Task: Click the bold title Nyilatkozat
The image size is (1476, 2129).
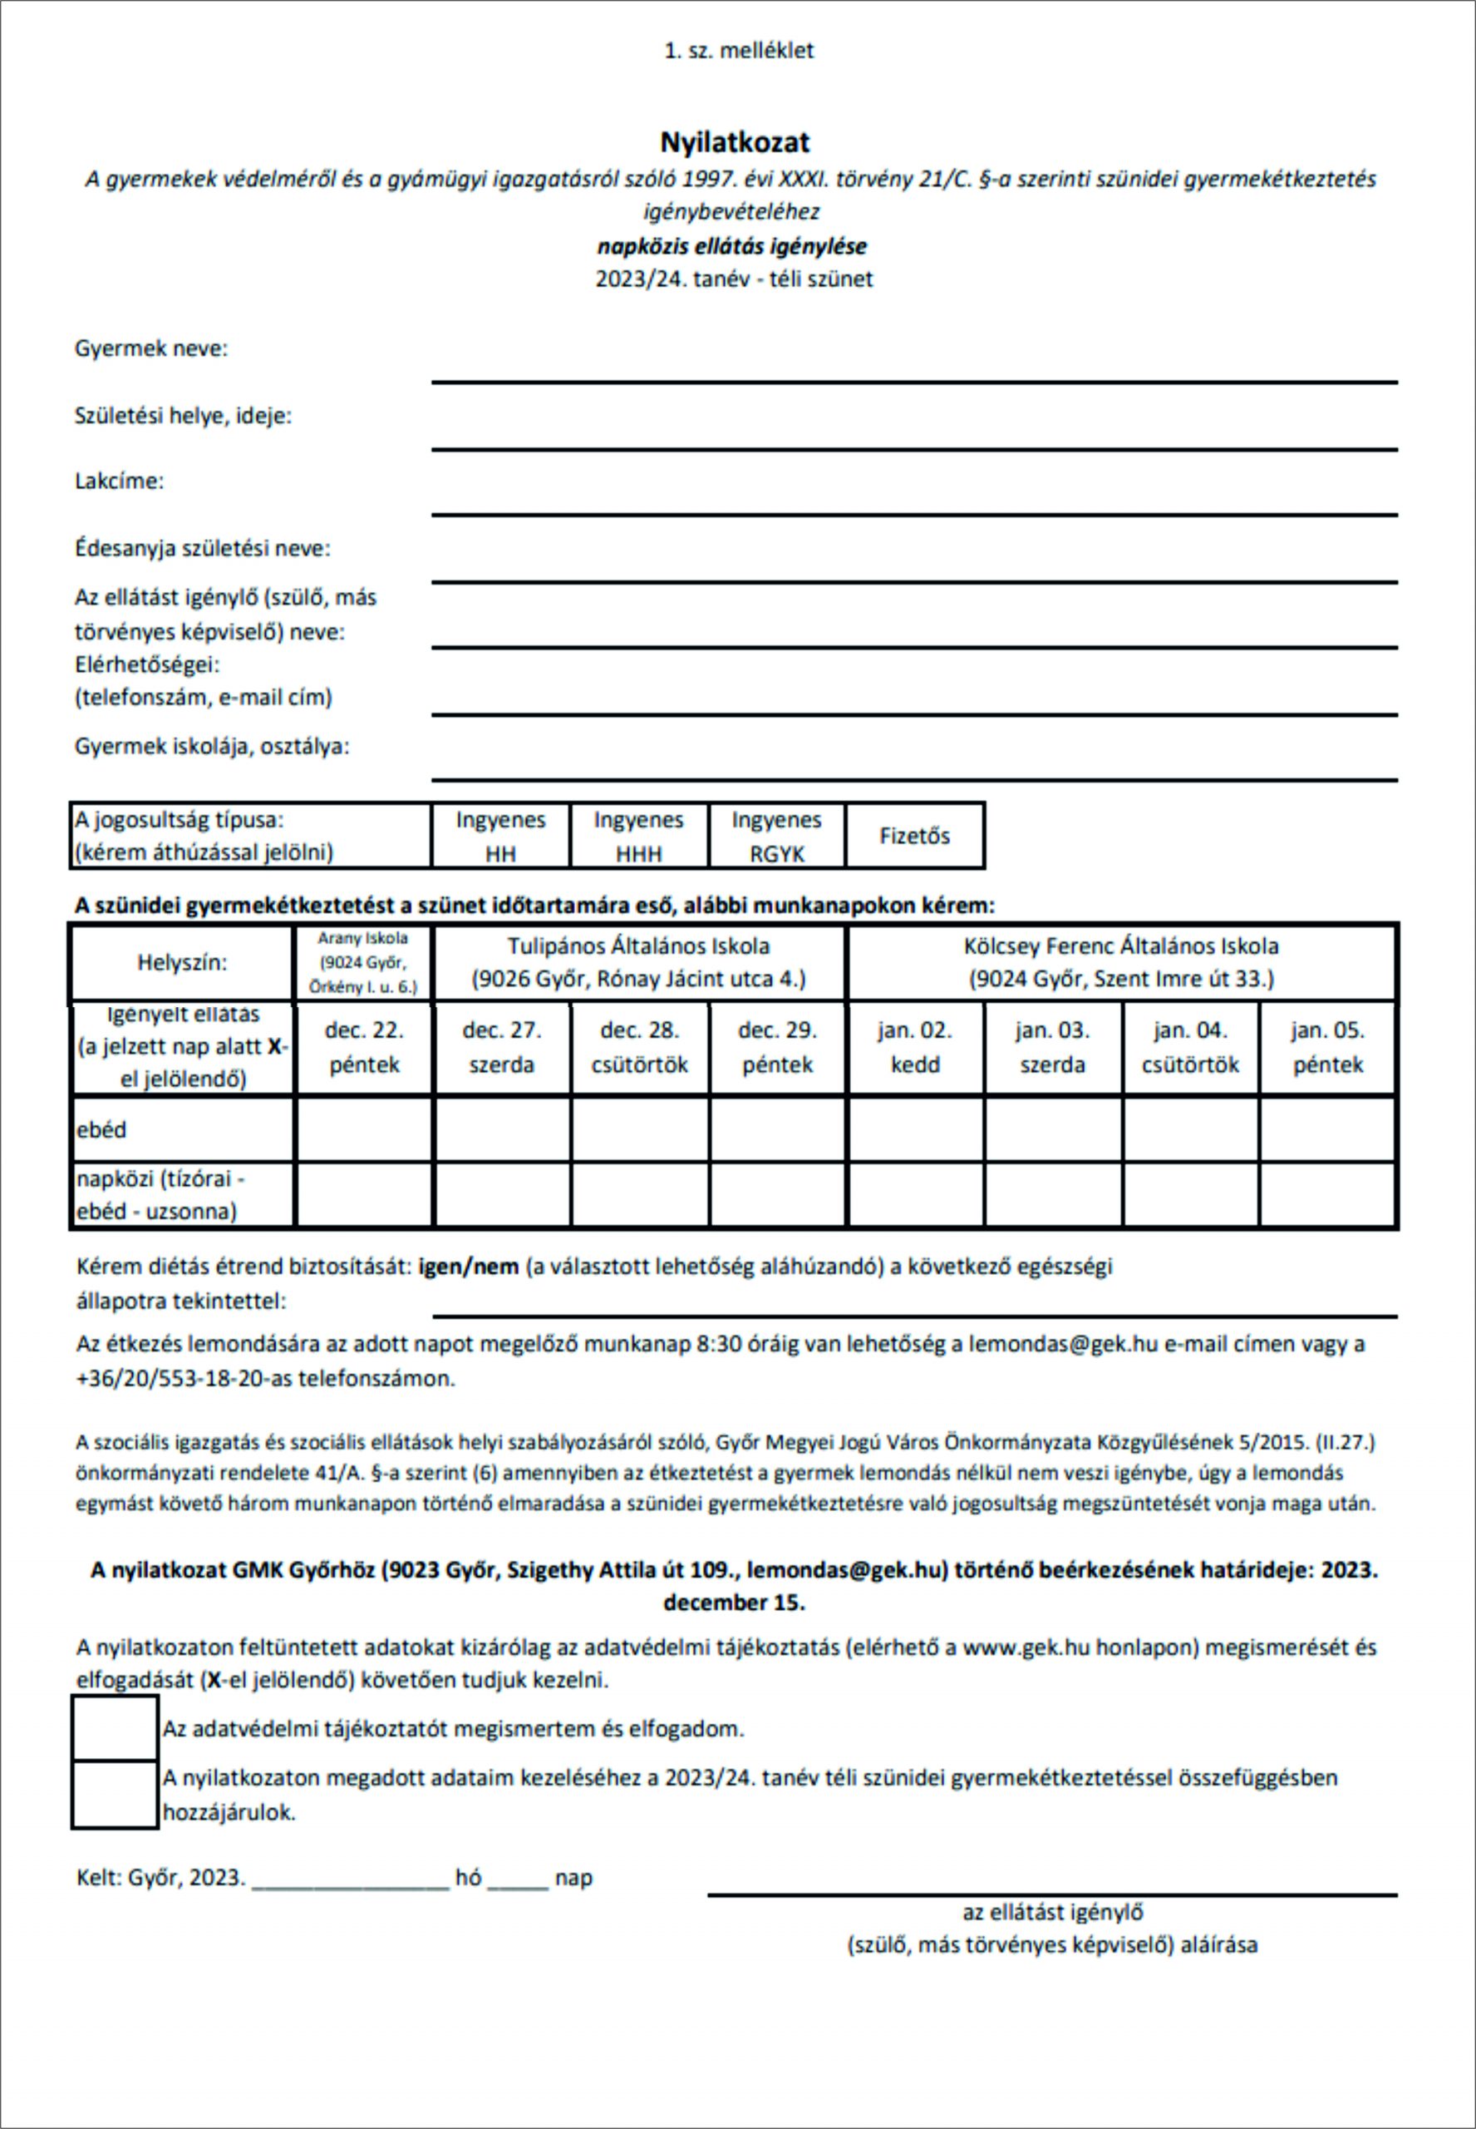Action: [x=736, y=142]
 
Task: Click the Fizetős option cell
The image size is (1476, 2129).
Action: [x=915, y=836]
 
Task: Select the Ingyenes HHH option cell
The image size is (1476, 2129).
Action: [x=639, y=836]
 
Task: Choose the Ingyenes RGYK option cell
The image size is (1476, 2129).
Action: [x=777, y=836]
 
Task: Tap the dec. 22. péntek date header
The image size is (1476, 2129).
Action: [x=364, y=1047]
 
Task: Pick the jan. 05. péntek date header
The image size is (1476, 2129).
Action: [x=1328, y=1047]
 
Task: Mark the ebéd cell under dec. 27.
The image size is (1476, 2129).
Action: [x=501, y=1129]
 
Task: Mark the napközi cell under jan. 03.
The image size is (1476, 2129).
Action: [x=1052, y=1194]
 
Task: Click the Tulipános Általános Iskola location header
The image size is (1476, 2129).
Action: [x=639, y=962]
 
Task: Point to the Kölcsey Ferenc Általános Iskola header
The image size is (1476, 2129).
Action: [x=1121, y=962]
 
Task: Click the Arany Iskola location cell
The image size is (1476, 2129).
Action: [x=362, y=962]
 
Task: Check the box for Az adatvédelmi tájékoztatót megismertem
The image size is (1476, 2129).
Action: [x=115, y=1727]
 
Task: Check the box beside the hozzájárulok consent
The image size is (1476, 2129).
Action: [x=115, y=1795]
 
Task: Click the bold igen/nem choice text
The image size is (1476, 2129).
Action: [x=469, y=1267]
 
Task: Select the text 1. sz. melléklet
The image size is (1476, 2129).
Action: [x=739, y=51]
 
